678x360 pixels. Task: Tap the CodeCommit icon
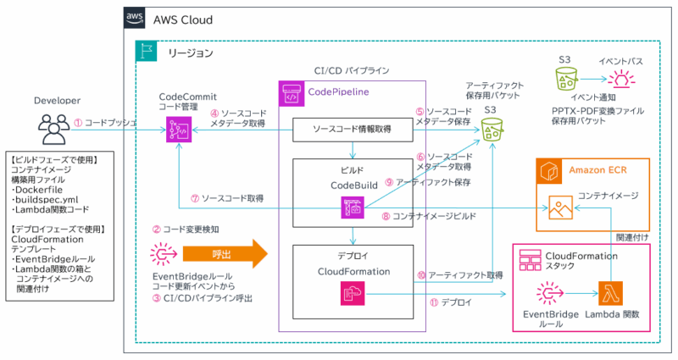[x=177, y=129]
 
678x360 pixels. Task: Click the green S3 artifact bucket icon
[x=492, y=129]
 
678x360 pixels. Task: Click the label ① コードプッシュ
[x=105, y=123]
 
